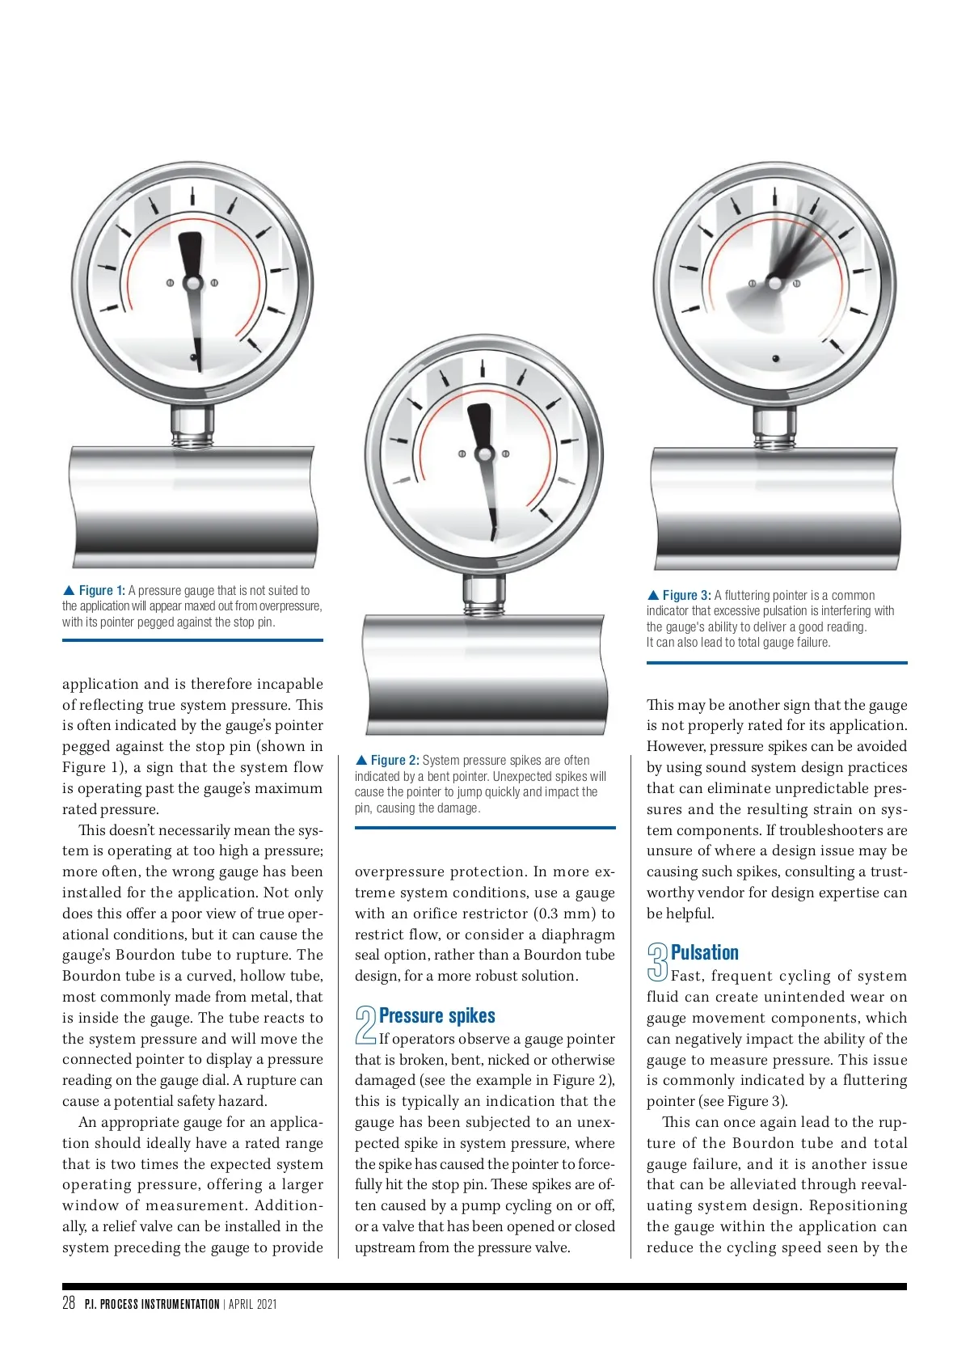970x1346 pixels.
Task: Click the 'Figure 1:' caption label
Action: coord(102,591)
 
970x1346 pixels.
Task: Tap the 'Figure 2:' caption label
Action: coord(394,761)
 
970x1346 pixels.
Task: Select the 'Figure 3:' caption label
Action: coord(686,596)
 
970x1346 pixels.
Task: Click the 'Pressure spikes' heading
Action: coord(436,1016)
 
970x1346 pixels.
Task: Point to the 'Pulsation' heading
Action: coord(704,953)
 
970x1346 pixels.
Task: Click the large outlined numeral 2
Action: coord(366,1024)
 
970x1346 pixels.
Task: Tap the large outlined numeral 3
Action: coord(658,961)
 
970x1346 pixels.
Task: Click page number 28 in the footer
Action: coord(69,1302)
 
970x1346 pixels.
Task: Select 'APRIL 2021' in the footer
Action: coord(253,1304)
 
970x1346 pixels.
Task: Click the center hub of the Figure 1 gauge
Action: coord(192,283)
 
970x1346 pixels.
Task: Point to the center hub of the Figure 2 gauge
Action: coord(484,454)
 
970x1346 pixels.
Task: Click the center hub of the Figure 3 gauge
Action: coord(774,284)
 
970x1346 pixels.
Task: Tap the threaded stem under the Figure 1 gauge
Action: coord(192,427)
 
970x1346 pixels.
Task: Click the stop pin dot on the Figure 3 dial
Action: coord(776,358)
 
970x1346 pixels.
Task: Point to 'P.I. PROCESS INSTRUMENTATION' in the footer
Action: coord(152,1304)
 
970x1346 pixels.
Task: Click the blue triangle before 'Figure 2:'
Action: coord(361,761)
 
